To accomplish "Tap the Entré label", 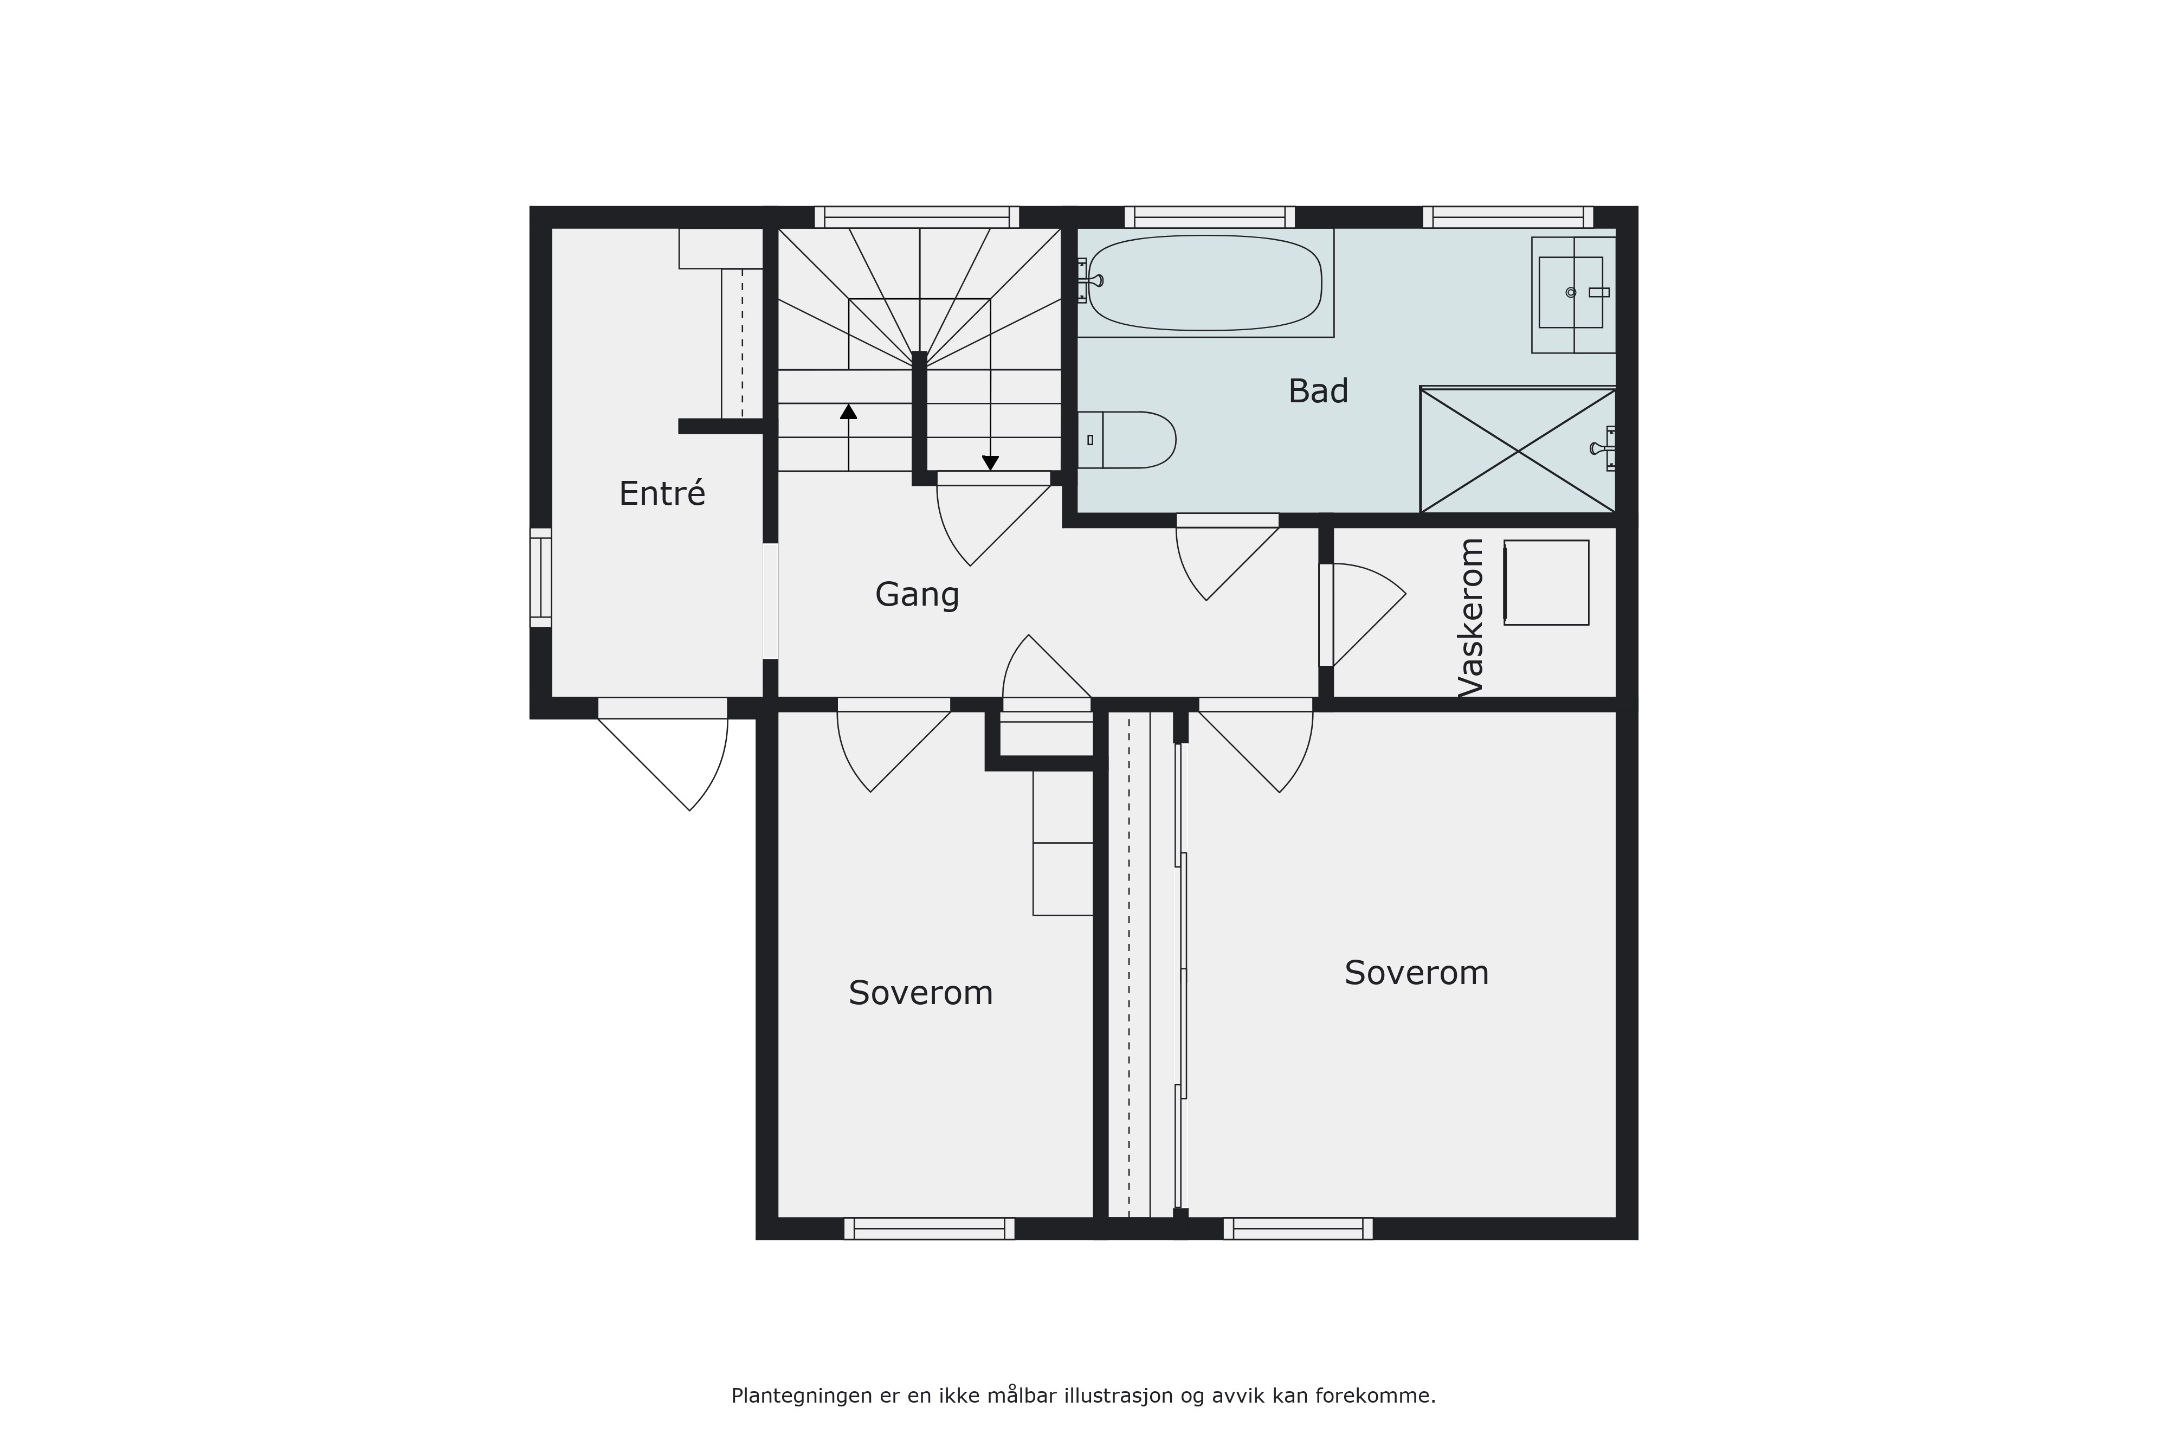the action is (662, 493).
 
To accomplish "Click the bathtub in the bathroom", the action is (1205, 282).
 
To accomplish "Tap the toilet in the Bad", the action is (1126, 440).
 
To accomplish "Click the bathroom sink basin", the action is (1571, 292).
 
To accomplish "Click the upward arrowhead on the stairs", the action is (848, 412).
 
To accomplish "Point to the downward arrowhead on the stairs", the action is (990, 463).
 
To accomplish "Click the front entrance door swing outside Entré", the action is (663, 754).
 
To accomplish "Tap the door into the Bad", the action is (1227, 558).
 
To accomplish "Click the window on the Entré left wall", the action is (540, 577).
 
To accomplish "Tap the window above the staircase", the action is (917, 217).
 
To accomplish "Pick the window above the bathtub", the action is (1209, 217).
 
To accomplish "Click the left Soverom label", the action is (921, 993).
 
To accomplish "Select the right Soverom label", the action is (1417, 973).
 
